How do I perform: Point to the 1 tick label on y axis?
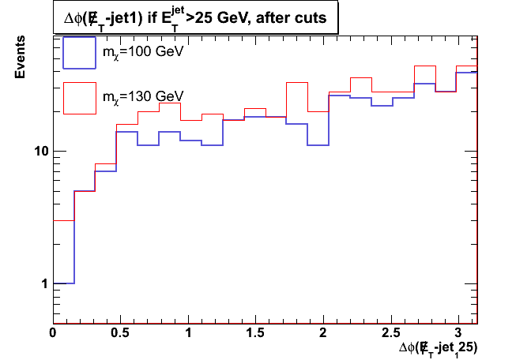click(43, 283)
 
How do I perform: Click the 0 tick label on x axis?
click(53, 333)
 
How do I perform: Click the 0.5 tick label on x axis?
click(121, 333)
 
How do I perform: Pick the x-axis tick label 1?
click(189, 333)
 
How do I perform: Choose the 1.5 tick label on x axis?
click(256, 333)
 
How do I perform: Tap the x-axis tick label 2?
click(324, 333)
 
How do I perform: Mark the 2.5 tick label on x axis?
click(392, 333)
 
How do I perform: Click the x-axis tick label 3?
click(459, 333)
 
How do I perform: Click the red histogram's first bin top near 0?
click(63, 220)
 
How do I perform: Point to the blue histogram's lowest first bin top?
click(63, 283)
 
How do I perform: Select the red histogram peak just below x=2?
click(296, 82)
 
